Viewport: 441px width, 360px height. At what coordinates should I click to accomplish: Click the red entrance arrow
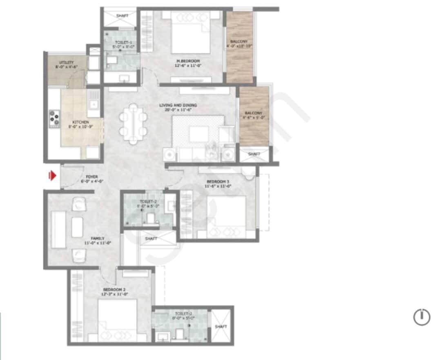click(52, 176)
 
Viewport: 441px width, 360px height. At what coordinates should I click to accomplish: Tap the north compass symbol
click(422, 317)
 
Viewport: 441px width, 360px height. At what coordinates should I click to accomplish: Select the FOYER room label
click(91, 177)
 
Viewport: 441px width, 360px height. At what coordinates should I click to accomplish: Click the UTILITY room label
click(66, 62)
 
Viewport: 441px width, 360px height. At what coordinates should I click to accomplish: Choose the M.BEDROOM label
click(183, 61)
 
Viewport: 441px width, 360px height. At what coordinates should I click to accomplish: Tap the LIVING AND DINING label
click(178, 105)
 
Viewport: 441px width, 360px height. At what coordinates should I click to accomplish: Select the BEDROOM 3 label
click(218, 181)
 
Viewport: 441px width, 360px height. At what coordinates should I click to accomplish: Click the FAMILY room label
click(98, 238)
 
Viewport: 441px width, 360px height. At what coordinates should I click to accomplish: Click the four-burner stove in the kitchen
click(54, 118)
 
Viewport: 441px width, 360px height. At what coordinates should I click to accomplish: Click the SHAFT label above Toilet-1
click(122, 16)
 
